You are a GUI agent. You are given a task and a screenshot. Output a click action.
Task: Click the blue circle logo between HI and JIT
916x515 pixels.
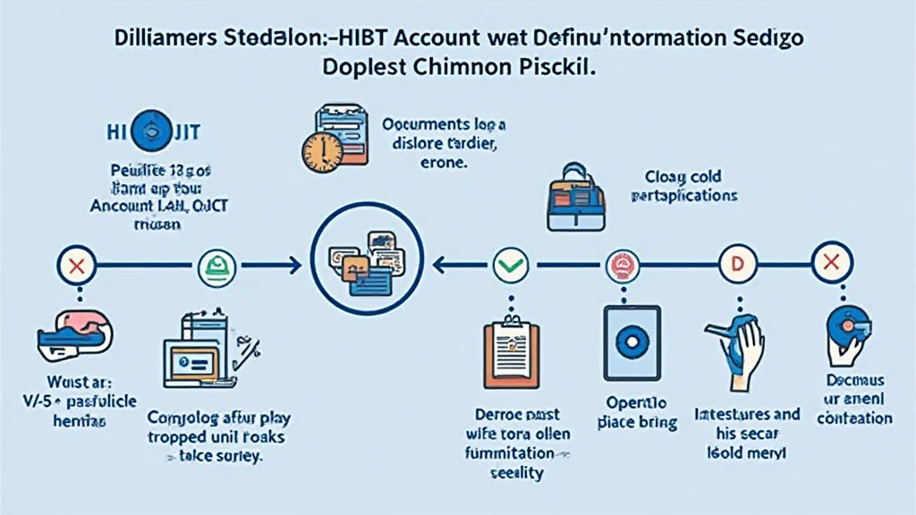[150, 131]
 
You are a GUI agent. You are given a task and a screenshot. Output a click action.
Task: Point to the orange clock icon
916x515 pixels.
[322, 152]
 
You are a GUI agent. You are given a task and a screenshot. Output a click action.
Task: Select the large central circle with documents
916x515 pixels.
[368, 264]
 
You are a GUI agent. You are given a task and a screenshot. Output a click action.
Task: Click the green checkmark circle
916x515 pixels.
[511, 265]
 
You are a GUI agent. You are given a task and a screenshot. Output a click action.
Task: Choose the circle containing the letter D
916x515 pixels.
[739, 265]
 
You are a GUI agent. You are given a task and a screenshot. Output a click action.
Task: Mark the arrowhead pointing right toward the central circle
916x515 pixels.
[295, 265]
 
